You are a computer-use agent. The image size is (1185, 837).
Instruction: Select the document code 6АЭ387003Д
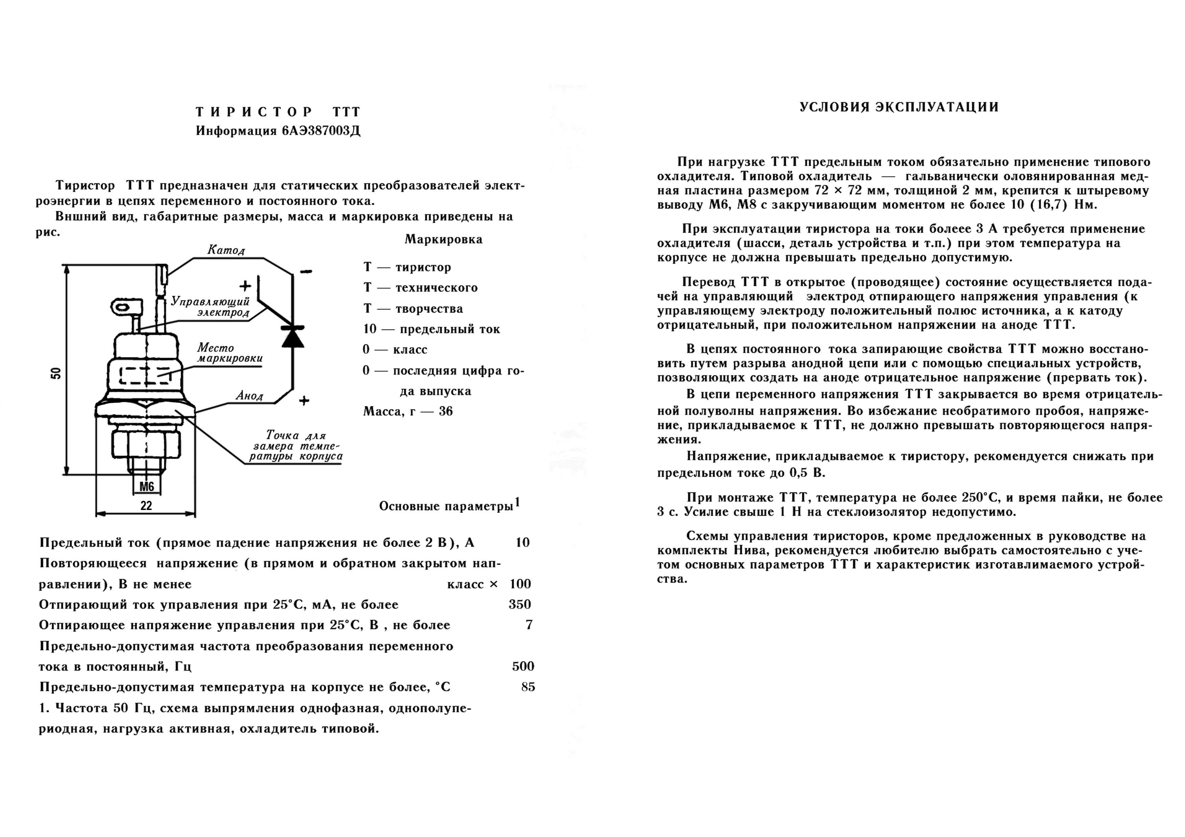pos(321,131)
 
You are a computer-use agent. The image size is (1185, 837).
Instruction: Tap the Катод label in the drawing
pos(226,250)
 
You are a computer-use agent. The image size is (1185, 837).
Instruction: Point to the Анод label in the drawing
pos(249,396)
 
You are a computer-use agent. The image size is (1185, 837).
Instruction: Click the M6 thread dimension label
pos(147,486)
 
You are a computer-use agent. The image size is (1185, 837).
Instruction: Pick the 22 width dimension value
pos(146,506)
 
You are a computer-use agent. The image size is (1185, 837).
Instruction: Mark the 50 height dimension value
pos(56,373)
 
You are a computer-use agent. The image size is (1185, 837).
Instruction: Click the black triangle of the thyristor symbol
pos(293,338)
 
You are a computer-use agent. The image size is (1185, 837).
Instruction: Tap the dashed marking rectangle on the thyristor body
pos(146,375)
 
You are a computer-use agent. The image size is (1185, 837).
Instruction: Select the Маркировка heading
pos(443,239)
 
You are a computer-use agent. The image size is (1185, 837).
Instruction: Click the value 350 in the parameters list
pos(520,604)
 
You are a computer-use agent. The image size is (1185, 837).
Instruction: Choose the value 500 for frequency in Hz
pos(523,666)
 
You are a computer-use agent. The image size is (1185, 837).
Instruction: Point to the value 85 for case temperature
pos(528,687)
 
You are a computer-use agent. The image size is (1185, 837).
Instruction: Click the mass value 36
pos(446,411)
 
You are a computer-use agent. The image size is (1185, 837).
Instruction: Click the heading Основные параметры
pos(446,507)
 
